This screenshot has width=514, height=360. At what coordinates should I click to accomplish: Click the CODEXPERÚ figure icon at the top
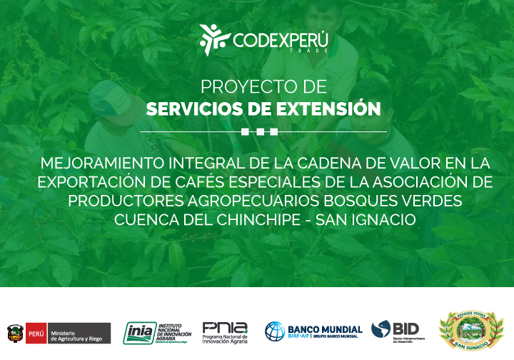(212, 39)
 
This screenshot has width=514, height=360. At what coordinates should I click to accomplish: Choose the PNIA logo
(225, 331)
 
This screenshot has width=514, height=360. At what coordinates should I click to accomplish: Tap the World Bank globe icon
(275, 331)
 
